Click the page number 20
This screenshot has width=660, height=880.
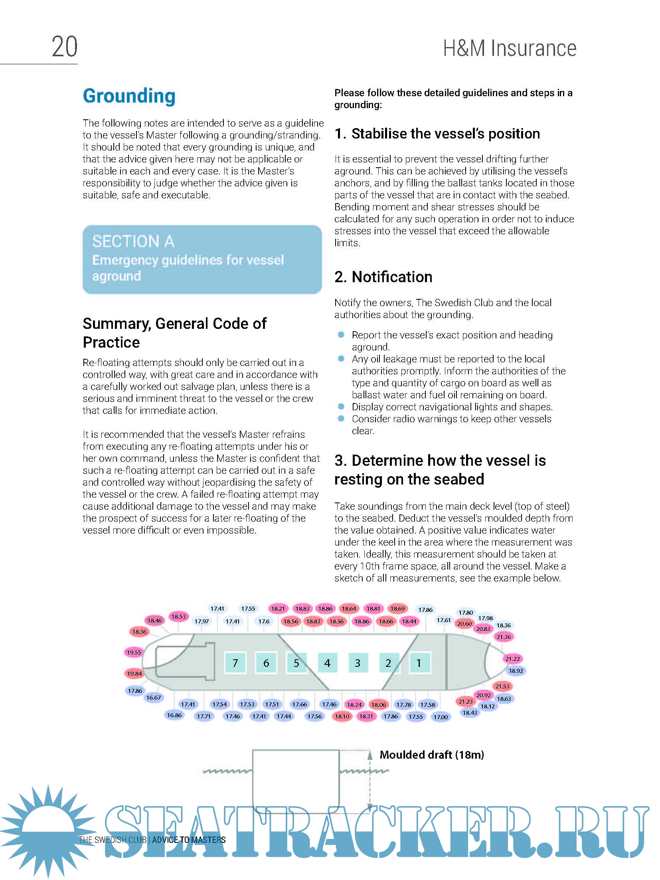point(65,47)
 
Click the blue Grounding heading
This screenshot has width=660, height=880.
point(129,96)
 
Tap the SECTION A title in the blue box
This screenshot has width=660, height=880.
point(133,241)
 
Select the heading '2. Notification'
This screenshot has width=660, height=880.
point(383,277)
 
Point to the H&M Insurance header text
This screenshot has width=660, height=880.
point(510,48)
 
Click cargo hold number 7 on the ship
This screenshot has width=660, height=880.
point(235,663)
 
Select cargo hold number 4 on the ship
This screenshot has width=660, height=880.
point(327,663)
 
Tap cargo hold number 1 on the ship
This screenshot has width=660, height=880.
point(419,663)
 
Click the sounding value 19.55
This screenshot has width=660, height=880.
point(134,653)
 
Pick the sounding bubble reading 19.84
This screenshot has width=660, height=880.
point(134,674)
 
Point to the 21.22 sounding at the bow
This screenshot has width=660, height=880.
point(512,659)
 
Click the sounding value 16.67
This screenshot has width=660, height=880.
point(154,698)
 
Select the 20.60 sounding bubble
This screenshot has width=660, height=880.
point(464,624)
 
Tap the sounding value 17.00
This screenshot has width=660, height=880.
point(441,717)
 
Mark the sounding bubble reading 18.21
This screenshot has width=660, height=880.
point(278,609)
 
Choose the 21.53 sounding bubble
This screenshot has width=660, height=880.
point(502,686)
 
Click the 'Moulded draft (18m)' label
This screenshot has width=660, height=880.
point(432,755)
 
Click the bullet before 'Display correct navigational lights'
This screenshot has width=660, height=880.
point(341,407)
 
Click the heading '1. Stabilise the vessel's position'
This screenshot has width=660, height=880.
point(437,134)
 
